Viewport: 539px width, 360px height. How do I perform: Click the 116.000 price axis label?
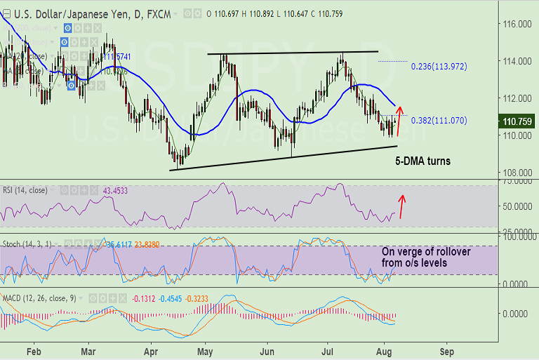click(x=517, y=24)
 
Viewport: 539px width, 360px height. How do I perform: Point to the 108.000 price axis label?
click(x=517, y=173)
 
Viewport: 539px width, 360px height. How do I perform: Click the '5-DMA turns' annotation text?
click(x=422, y=161)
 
